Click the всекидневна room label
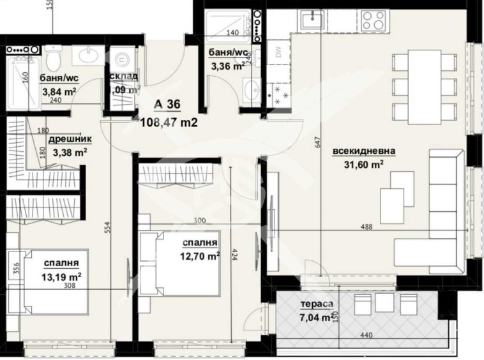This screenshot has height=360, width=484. tap(364, 151)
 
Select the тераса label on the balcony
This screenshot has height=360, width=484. tap(316, 304)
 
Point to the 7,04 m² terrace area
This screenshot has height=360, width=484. tap(317, 317)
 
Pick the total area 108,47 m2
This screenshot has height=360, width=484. tap(168, 120)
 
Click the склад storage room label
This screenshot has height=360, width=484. tap(124, 77)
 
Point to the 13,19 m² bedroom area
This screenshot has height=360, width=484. tap(61, 276)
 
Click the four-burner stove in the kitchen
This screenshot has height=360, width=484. tap(374, 20)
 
